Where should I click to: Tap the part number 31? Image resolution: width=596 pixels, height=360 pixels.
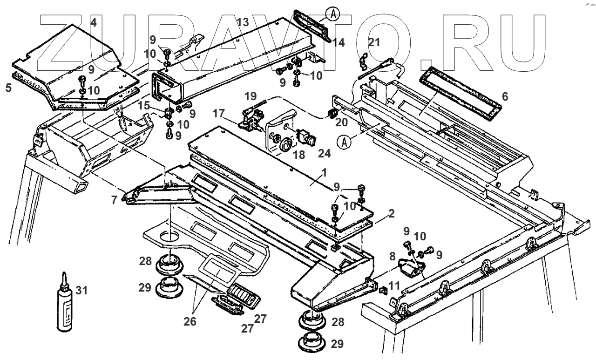(81, 291)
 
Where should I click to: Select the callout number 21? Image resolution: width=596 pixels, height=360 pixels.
(374, 42)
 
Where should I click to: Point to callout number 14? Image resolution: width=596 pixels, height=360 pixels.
(339, 43)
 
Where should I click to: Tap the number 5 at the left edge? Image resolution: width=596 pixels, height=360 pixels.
(8, 87)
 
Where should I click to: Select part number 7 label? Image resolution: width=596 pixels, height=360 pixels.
(114, 200)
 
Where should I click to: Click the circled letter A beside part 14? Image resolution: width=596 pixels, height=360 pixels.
(332, 14)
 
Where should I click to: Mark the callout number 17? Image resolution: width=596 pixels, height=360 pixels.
(218, 113)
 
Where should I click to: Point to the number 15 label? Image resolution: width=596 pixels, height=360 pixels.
(145, 106)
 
